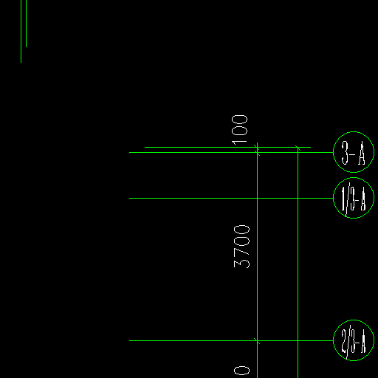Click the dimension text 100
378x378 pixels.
239,130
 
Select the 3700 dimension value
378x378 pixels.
241,247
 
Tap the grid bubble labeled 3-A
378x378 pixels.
354,152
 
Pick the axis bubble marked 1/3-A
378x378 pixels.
354,198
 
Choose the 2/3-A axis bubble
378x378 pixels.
354,340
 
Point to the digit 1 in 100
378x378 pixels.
239,142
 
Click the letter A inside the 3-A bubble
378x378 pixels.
361,154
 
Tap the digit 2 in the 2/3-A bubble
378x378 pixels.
344,341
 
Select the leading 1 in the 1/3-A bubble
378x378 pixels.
343,198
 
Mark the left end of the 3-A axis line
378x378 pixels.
129,153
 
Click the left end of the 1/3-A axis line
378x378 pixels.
129,198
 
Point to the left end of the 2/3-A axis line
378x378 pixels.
129,341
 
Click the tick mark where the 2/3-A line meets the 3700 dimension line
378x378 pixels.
257,341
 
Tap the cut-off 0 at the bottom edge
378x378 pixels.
241,371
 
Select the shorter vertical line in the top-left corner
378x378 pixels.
26,24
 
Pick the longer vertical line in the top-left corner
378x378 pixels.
21,31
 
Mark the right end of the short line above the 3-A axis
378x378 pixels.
311,147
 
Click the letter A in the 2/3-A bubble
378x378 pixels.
362,342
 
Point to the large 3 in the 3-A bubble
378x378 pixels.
345,153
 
